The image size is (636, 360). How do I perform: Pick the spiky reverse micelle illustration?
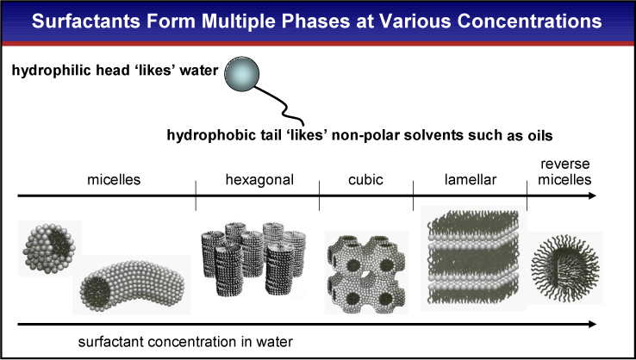(x=564, y=262)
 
